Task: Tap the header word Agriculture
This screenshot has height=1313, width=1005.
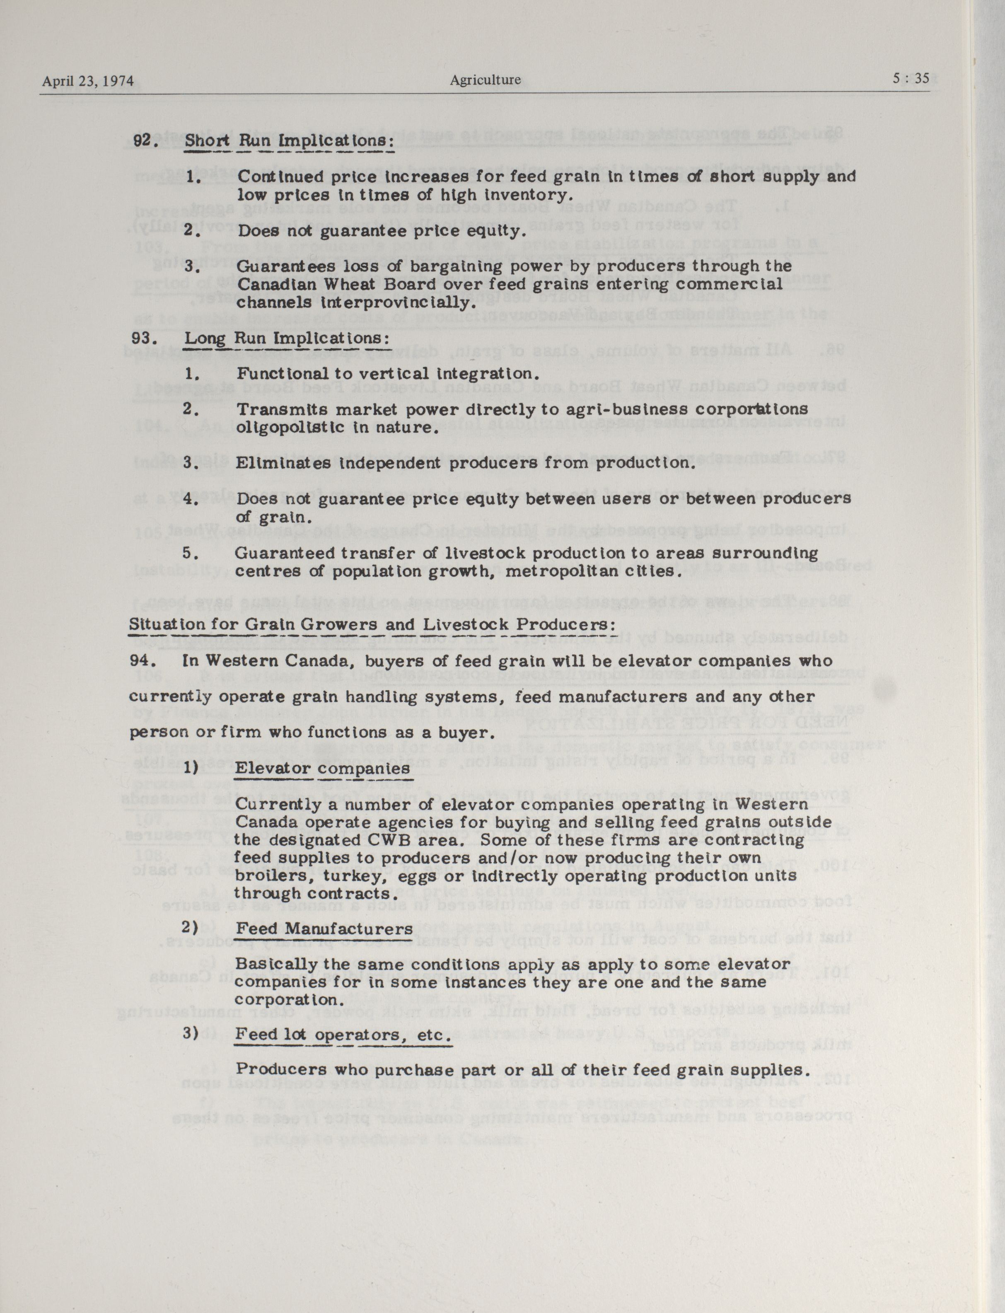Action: coord(485,80)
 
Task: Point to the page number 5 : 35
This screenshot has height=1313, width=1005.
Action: coord(911,78)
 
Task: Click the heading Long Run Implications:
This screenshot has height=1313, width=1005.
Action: coord(287,338)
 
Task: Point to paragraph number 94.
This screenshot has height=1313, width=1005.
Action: coord(144,660)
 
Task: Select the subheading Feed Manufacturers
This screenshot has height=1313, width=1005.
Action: coord(324,929)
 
